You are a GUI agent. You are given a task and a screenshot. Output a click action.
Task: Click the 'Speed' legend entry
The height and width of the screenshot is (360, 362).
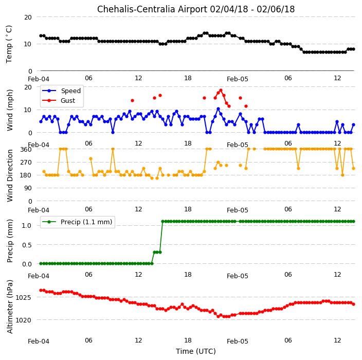pos(71,91)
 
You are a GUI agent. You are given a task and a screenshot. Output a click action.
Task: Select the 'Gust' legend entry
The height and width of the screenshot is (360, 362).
pos(68,101)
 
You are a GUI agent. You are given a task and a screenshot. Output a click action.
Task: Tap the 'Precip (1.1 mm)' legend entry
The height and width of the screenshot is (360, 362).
pos(86,222)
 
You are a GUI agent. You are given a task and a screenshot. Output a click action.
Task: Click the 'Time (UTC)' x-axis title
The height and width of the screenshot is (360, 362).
pos(196,351)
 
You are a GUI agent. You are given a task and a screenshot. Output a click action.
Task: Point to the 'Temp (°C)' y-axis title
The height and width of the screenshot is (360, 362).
pos(9,44)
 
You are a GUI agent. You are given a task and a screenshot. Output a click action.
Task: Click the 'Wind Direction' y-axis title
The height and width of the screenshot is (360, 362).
pos(10,175)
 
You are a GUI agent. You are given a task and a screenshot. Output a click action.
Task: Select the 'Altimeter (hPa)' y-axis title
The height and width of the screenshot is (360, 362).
pos(10,307)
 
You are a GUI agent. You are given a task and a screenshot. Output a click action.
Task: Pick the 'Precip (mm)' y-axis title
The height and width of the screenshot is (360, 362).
pos(10,241)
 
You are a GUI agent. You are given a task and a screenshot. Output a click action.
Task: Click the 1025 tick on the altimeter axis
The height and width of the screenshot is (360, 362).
pos(23,297)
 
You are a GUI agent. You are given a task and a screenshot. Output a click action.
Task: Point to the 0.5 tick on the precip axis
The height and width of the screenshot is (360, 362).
pos(27,245)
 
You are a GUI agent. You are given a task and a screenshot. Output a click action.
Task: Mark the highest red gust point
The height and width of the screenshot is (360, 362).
pos(221,91)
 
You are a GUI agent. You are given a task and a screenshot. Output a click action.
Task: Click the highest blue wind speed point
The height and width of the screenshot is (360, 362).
pos(218,109)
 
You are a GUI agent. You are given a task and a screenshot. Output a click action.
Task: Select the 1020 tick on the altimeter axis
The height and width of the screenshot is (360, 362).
pos(23,320)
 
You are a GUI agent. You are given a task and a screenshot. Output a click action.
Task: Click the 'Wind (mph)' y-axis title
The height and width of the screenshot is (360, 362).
pos(10,110)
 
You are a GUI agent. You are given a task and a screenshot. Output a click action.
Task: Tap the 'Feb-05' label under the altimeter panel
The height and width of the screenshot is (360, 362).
pos(238,341)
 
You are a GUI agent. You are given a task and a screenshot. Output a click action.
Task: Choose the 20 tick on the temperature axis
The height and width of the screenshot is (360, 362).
pos(28,17)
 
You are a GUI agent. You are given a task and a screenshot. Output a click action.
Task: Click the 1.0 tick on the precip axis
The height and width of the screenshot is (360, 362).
pos(27,225)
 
